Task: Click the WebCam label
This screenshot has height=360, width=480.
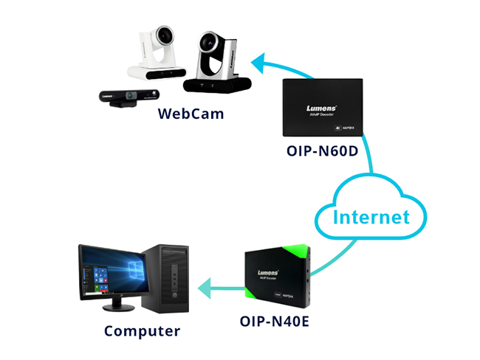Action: click(191, 114)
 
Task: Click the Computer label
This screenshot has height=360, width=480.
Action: click(142, 331)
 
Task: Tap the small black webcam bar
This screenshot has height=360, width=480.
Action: click(130, 97)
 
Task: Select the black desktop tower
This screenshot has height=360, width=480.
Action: click(169, 277)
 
